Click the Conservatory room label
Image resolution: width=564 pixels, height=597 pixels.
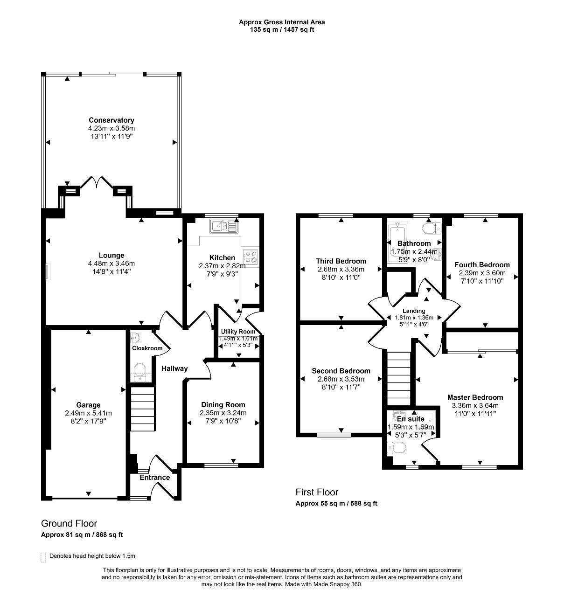[111, 120]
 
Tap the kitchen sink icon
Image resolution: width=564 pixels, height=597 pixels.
[224, 227]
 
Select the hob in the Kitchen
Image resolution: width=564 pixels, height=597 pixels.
[251, 257]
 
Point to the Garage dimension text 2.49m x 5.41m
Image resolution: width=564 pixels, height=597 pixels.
[89, 413]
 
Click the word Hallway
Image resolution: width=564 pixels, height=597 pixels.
[174, 368]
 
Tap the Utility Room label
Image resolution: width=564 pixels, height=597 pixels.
[238, 332]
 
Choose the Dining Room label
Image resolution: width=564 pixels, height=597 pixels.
[223, 405]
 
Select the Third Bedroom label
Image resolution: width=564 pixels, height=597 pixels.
[341, 261]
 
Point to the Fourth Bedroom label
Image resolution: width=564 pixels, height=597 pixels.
[482, 265]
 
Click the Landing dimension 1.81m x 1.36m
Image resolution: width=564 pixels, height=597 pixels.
[414, 318]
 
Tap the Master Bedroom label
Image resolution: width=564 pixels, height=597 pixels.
[475, 397]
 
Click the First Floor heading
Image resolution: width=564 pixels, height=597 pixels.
[317, 492]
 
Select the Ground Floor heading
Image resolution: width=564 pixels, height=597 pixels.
[69, 523]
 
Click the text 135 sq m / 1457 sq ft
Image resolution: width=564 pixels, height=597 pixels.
[282, 29]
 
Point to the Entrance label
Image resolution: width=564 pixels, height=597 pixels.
[154, 477]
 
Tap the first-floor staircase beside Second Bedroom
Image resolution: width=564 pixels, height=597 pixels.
[398, 379]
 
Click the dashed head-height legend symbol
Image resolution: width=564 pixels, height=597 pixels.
[43, 557]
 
